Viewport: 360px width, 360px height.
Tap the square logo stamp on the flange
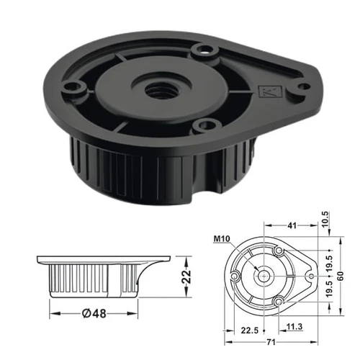coord(270,91)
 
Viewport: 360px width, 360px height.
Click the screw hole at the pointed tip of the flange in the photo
coord(303,86)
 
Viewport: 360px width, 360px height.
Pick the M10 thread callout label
coord(222,239)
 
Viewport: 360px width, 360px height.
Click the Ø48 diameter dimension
coord(94,313)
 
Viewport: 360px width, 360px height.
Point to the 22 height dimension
coord(186,277)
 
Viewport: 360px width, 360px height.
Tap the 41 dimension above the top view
coord(292,225)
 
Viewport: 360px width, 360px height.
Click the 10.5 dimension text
coord(325,220)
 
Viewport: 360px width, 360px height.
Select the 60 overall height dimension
coord(341,276)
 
